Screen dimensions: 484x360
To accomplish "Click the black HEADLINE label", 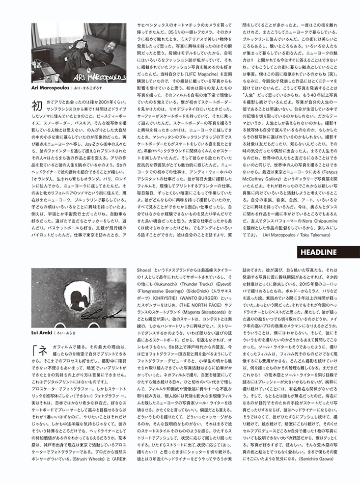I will pyautogui.click(x=318, y=252).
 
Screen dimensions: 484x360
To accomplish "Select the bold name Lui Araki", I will pyautogui.click(x=43, y=332).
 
